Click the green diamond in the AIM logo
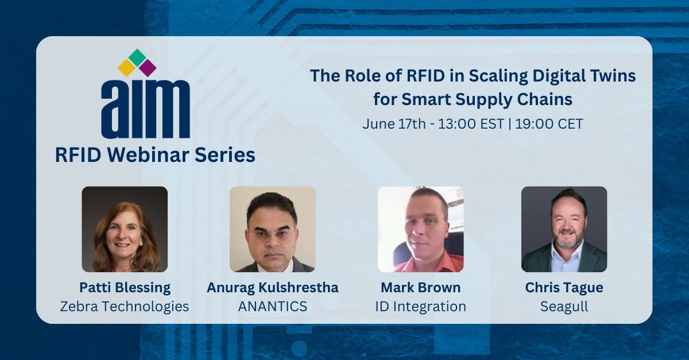[x=137, y=57]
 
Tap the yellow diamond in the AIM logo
[x=126, y=68]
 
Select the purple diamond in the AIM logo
[x=148, y=68]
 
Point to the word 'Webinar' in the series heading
[x=156, y=155]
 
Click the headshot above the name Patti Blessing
[x=125, y=229]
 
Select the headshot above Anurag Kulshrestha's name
[x=273, y=229]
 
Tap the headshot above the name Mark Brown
[x=420, y=229]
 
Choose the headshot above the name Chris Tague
[x=564, y=229]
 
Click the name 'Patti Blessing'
[x=125, y=288]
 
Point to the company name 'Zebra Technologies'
[x=125, y=307]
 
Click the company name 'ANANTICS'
[x=273, y=307]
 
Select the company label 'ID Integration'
[x=420, y=307]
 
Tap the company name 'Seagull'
[x=564, y=307]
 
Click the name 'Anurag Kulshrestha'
[x=273, y=288]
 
